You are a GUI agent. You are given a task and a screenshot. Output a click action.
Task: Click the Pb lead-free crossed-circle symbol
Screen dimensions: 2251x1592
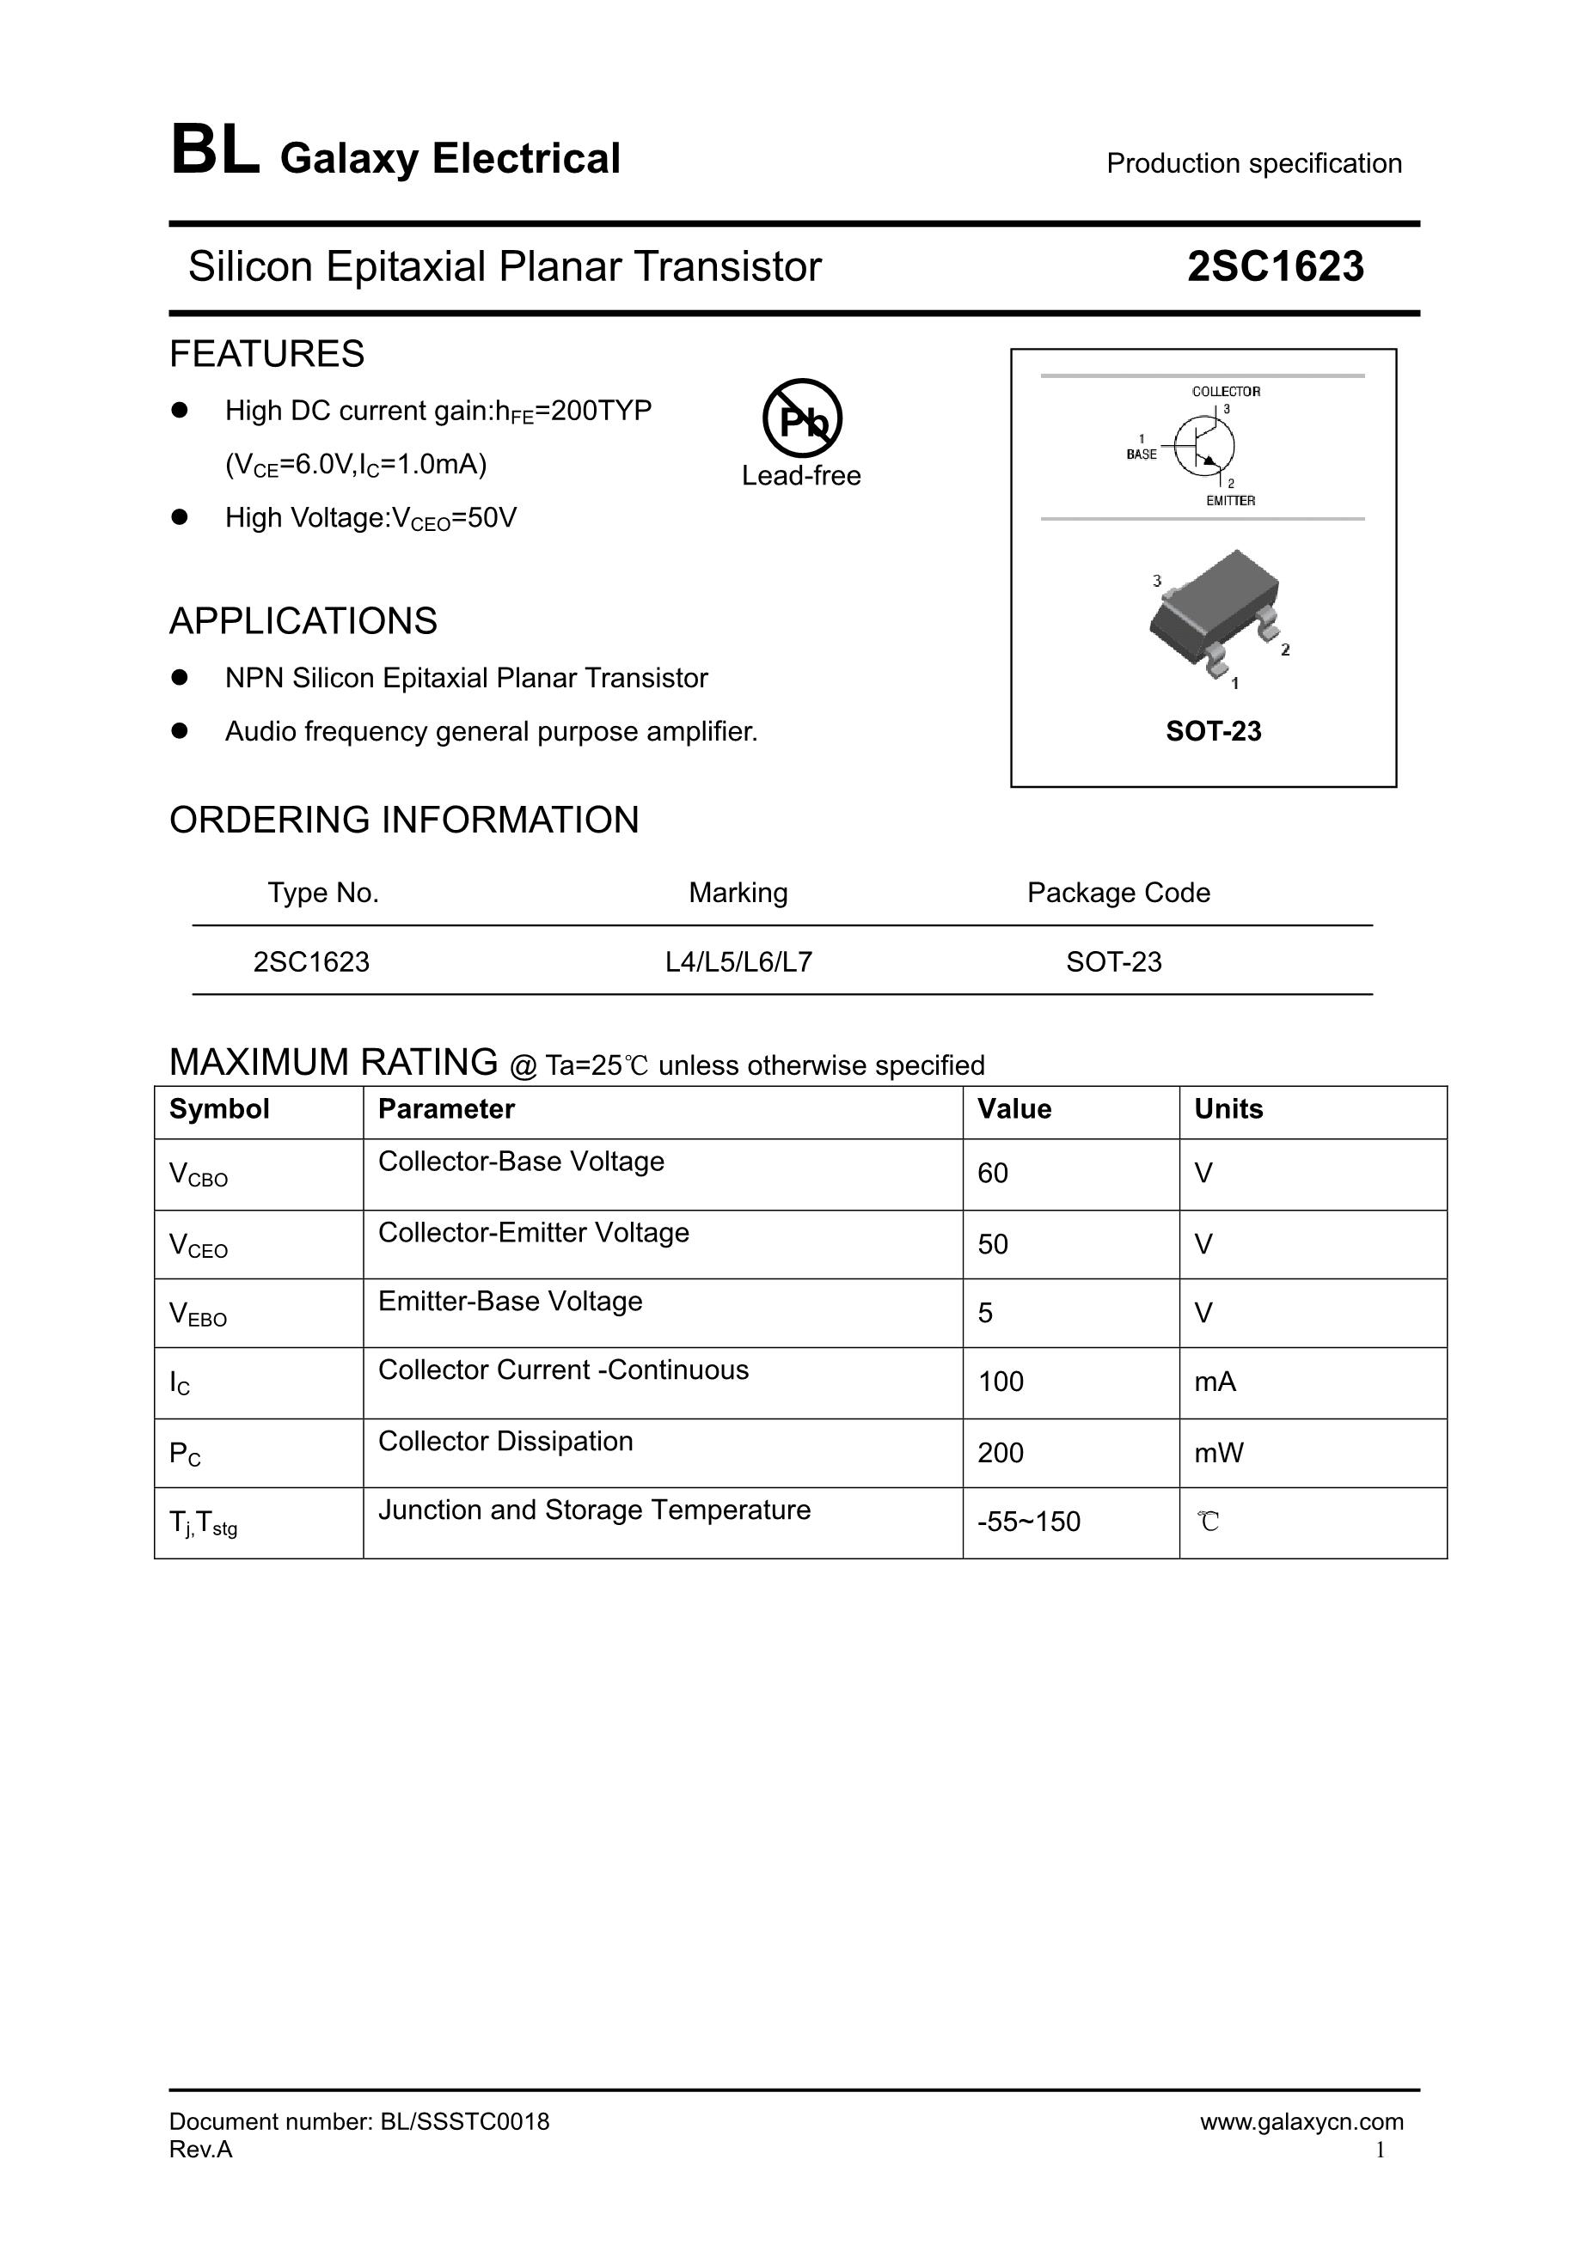pyautogui.click(x=801, y=418)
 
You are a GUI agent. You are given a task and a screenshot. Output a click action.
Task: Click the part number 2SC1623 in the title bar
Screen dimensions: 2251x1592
pyautogui.click(x=1274, y=266)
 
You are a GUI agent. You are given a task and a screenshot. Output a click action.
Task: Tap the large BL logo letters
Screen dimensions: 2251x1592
pyautogui.click(x=215, y=152)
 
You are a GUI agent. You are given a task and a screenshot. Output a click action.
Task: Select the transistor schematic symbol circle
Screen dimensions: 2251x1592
pyautogui.click(x=1204, y=446)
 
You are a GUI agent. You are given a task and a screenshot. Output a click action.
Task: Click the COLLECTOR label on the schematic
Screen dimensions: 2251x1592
pyautogui.click(x=1225, y=391)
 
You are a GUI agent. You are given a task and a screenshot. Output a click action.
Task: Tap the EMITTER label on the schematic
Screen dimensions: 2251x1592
pyautogui.click(x=1230, y=501)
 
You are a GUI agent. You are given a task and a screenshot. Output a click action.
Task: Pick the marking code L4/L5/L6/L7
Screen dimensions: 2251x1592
pyautogui.click(x=738, y=961)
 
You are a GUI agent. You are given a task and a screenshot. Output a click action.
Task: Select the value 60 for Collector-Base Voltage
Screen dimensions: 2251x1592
pyautogui.click(x=993, y=1173)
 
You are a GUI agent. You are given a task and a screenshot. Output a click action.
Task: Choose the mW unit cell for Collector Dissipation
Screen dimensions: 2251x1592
pyautogui.click(x=1218, y=1452)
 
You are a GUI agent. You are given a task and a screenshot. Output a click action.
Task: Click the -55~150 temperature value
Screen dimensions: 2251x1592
pyautogui.click(x=1029, y=1522)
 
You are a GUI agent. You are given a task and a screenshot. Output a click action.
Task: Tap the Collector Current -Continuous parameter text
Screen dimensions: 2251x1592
pyautogui.click(x=563, y=1370)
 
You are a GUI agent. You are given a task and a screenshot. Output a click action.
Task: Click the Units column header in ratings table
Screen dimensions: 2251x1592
pyautogui.click(x=1228, y=1109)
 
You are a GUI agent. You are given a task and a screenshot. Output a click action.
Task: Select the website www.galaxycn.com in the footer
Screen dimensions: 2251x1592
pyautogui.click(x=1301, y=2121)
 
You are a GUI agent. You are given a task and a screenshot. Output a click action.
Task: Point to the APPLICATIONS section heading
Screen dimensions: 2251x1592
pyautogui.click(x=303, y=620)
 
